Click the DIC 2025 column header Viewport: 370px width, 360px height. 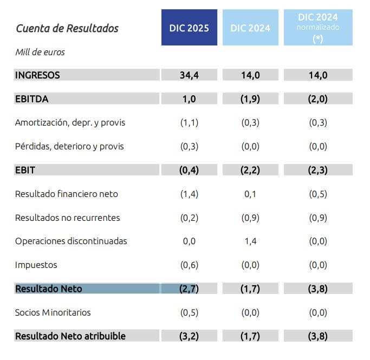point(189,28)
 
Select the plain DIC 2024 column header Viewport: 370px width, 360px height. point(250,28)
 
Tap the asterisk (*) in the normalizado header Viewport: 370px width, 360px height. point(318,38)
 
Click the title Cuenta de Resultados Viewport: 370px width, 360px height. point(67,28)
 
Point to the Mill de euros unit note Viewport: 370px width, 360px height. point(40,53)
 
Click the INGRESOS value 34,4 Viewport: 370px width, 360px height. point(189,75)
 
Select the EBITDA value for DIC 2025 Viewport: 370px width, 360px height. point(189,99)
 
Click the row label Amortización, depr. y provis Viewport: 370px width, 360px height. point(70,122)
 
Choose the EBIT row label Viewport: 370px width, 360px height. point(25,170)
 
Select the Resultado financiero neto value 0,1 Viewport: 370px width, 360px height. point(250,194)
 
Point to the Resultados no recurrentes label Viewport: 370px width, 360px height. point(68,218)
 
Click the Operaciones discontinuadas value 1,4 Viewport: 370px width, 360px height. point(250,241)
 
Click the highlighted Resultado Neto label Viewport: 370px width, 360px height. point(49,289)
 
